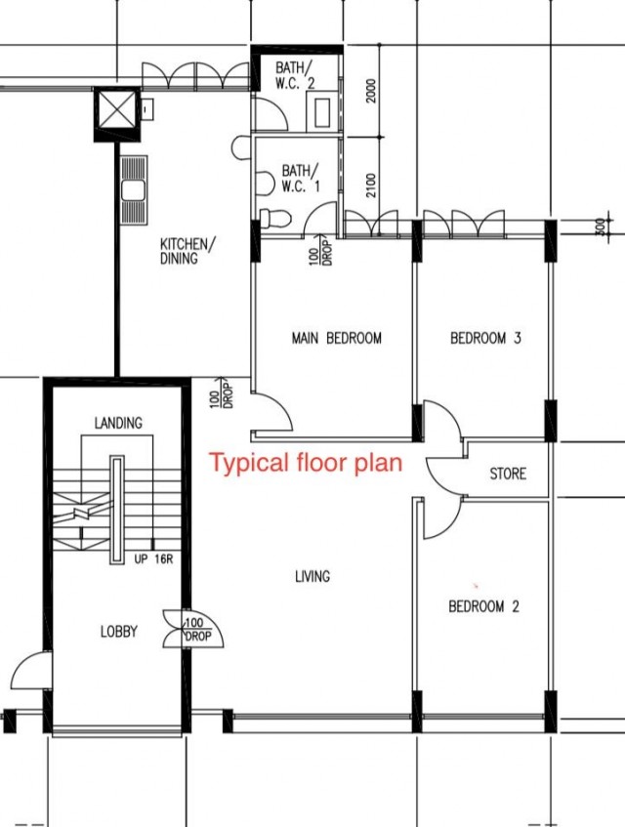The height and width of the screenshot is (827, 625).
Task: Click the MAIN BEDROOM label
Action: coord(337,338)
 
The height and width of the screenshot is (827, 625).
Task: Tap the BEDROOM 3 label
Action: coord(485,338)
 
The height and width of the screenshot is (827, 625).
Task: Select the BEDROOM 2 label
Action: coord(483,606)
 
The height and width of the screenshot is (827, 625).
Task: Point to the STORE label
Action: coord(508,474)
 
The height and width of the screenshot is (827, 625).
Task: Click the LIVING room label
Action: coord(312,576)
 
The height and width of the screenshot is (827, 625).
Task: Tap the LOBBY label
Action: coord(119,632)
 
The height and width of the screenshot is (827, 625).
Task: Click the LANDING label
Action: coord(118,423)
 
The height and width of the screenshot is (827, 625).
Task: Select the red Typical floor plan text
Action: coord(307,463)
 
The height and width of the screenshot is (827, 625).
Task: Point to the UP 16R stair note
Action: coord(153,559)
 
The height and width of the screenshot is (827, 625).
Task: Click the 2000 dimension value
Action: coord(372,91)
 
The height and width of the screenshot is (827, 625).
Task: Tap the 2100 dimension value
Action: coord(372,186)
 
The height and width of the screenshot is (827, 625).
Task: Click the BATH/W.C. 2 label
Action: coord(295,75)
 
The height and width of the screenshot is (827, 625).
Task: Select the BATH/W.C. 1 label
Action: coord(301,179)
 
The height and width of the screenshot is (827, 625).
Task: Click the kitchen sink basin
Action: coord(133,190)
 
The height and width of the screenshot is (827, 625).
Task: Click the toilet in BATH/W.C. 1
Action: coord(275,219)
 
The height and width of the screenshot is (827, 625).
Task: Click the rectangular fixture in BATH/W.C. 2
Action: coord(322,113)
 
